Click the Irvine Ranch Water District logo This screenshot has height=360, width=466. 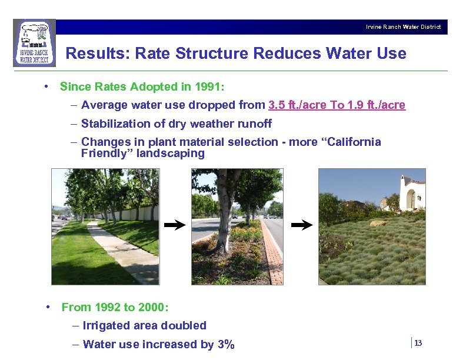(x=34, y=43)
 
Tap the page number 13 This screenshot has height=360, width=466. (x=418, y=343)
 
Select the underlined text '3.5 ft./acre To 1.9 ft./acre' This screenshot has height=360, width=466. (x=337, y=105)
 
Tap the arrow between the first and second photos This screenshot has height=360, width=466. (x=175, y=225)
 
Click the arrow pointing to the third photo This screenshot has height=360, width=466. (x=302, y=225)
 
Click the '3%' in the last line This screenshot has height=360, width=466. (x=226, y=345)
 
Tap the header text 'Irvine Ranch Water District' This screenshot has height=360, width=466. (x=403, y=27)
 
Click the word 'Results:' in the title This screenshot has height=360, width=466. (x=98, y=54)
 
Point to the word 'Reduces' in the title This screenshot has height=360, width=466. (x=287, y=54)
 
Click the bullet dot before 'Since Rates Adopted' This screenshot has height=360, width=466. (x=46, y=87)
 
